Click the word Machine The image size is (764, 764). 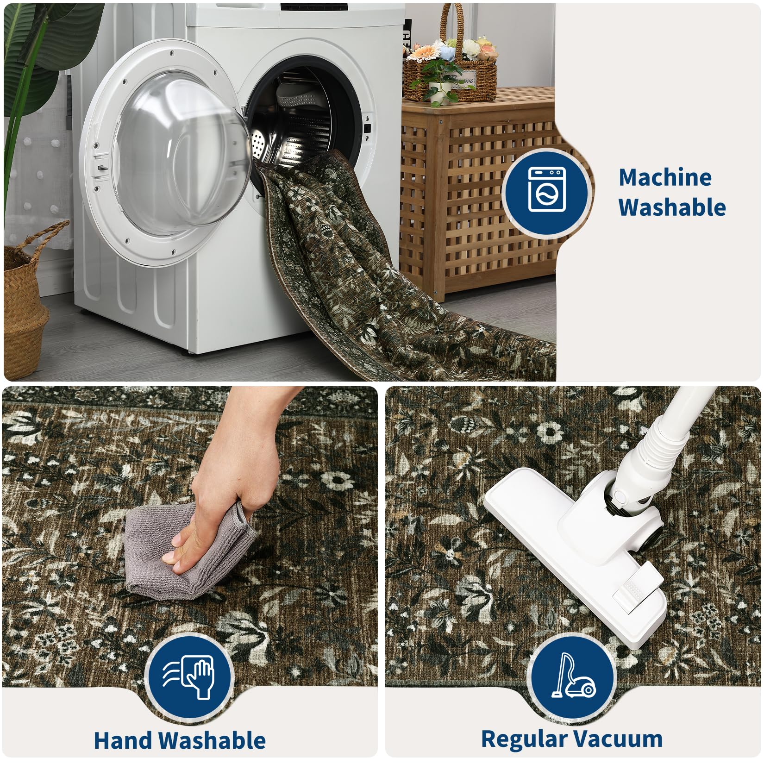coord(665,177)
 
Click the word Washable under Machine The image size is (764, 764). coord(672,207)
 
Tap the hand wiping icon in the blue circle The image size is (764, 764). coord(188,677)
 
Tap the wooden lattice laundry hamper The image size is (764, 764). coord(477,194)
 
